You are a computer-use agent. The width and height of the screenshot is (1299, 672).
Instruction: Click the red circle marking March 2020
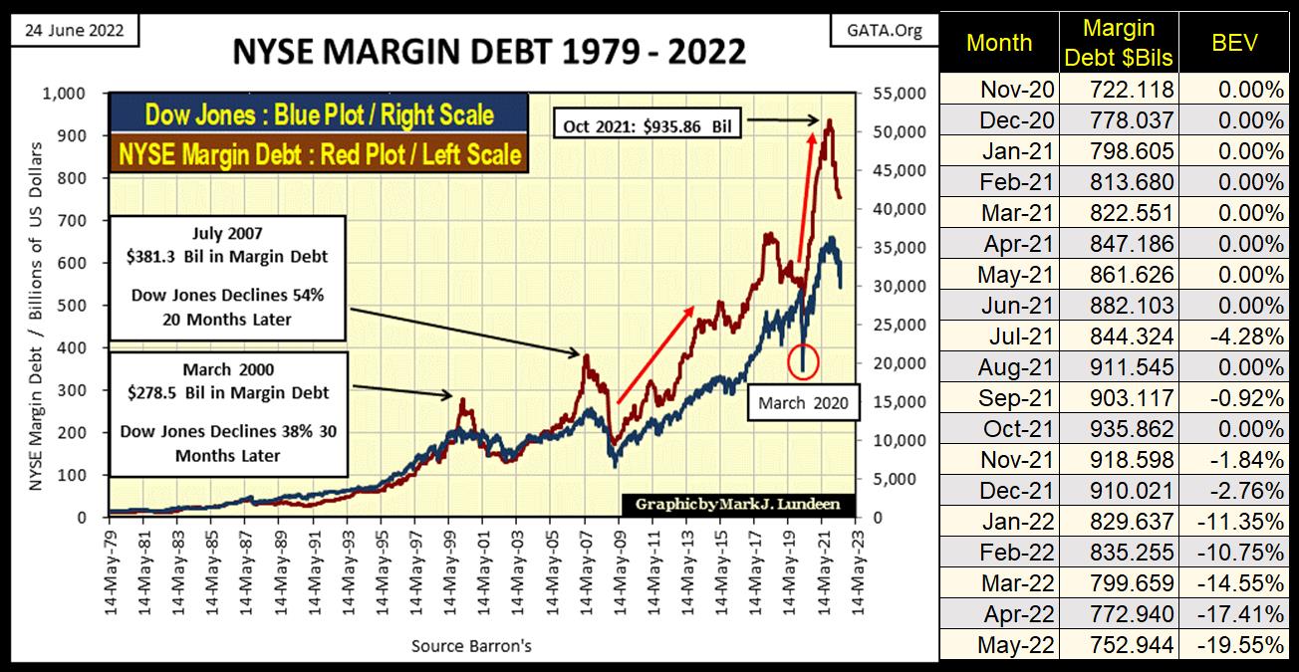pyautogui.click(x=803, y=360)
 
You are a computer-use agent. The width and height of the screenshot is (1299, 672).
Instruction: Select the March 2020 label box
pyautogui.click(x=803, y=402)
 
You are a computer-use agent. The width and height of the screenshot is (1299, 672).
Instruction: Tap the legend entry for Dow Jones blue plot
pyautogui.click(x=320, y=114)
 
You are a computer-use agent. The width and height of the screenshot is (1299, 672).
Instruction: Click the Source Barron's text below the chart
pyautogui.click(x=471, y=646)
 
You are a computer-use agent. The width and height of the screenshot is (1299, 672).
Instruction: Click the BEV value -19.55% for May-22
pyautogui.click(x=1246, y=644)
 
